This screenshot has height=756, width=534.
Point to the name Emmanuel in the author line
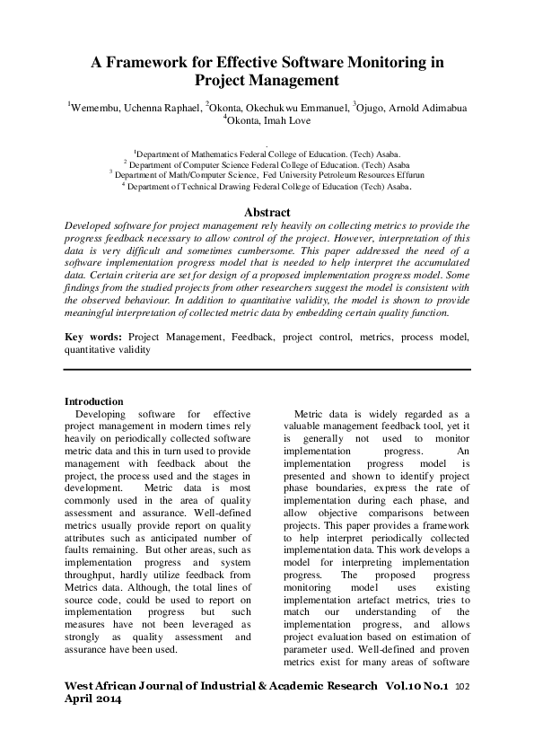point(316,109)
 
